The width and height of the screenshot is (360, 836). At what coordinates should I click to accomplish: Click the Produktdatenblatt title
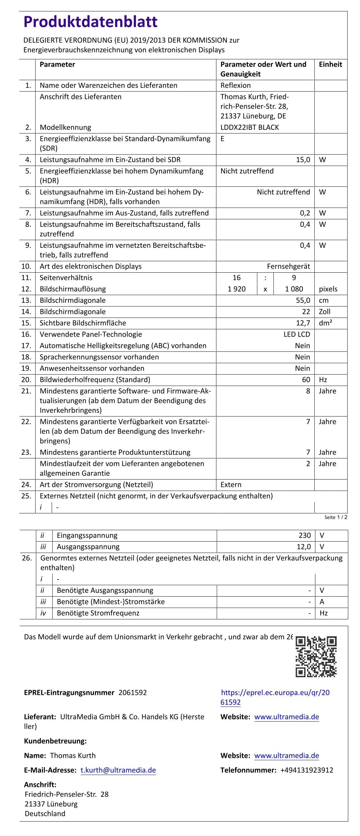tap(90, 22)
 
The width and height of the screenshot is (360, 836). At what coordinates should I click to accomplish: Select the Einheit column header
tap(330, 64)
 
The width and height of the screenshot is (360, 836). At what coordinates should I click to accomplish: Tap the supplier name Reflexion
tap(236, 85)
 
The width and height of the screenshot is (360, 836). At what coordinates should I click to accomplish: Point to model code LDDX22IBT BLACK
tap(250, 127)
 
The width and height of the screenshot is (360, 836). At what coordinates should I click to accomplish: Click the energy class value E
tap(222, 139)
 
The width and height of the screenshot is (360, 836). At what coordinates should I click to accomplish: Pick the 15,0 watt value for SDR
tap(303, 160)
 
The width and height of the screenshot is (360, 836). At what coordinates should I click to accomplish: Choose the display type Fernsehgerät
tap(289, 266)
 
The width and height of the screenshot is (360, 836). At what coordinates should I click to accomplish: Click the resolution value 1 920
tap(237, 289)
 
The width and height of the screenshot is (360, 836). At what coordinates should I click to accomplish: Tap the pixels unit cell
tap(328, 289)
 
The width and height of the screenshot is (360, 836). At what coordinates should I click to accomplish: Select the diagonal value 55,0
tap(303, 300)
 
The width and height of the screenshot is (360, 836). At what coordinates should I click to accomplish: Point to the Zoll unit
tap(324, 312)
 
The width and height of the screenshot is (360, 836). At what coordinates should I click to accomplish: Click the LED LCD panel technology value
tap(297, 334)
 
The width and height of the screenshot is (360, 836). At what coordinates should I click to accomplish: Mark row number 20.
tap(26, 380)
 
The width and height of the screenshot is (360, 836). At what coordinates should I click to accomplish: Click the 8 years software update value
tap(308, 391)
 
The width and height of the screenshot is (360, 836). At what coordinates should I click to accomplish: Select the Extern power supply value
tap(231, 485)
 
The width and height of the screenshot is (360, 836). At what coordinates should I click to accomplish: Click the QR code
tap(316, 656)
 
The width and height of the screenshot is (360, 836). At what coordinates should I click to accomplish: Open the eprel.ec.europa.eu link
tap(275, 697)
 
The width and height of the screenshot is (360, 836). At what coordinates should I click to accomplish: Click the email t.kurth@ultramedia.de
tap(118, 770)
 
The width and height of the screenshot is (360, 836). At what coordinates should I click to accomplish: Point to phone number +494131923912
tap(307, 770)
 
